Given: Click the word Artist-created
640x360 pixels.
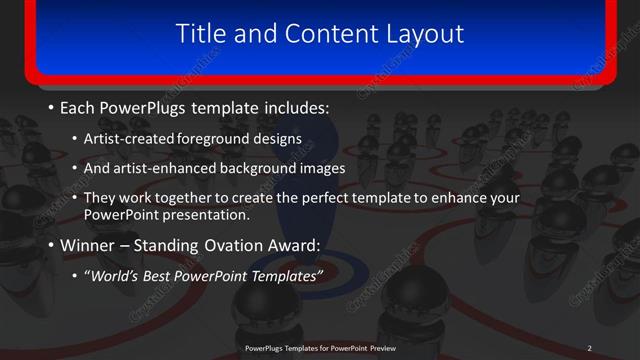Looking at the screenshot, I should pyautogui.click(x=133, y=138).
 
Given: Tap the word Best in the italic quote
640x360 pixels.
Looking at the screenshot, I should pyautogui.click(x=166, y=276).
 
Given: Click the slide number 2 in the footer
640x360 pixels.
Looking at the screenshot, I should pyautogui.click(x=589, y=347).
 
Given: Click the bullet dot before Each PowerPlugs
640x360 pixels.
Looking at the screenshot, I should pyautogui.click(x=51, y=107).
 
